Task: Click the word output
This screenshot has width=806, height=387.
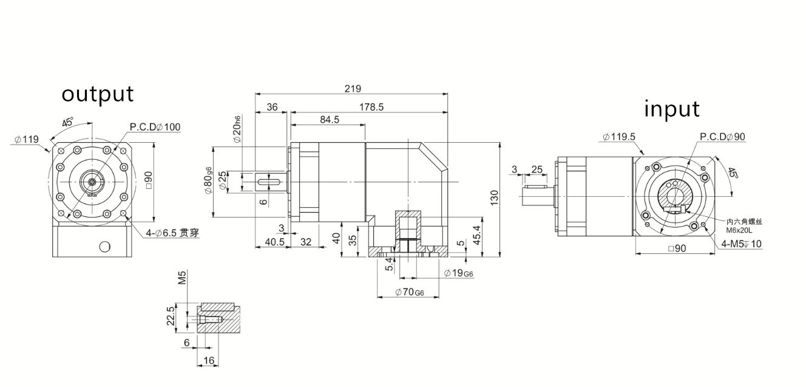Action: [x=97, y=94]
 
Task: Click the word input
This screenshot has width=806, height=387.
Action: [x=671, y=109]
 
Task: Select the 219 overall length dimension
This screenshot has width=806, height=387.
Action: [x=352, y=88]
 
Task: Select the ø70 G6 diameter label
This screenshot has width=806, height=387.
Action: [x=409, y=292]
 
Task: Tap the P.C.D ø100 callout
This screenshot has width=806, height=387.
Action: [x=155, y=127]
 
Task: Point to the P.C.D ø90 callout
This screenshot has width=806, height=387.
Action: [x=722, y=137]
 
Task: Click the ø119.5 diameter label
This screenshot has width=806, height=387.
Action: [x=619, y=137]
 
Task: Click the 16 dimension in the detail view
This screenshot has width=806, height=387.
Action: [x=209, y=360]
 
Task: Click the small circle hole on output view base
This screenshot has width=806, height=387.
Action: [x=104, y=246]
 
